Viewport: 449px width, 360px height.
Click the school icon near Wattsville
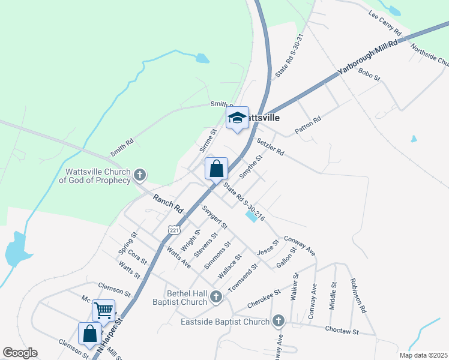click(x=237, y=118)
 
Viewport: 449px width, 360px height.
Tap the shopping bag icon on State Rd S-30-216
click(x=217, y=169)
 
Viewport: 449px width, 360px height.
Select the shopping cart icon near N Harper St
click(x=103, y=311)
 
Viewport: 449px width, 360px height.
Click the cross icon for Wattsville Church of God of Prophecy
click(x=139, y=175)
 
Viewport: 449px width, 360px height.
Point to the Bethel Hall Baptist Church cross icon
click(x=216, y=296)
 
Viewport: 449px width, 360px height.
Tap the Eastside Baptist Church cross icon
click(x=278, y=322)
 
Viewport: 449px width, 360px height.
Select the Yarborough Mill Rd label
click(x=367, y=58)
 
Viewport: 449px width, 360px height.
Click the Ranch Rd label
click(x=167, y=205)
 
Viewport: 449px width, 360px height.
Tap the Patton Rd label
click(x=308, y=125)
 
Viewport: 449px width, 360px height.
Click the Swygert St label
click(x=215, y=218)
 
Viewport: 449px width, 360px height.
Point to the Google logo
click(x=20, y=353)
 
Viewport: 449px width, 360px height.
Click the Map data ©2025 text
click(x=423, y=355)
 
